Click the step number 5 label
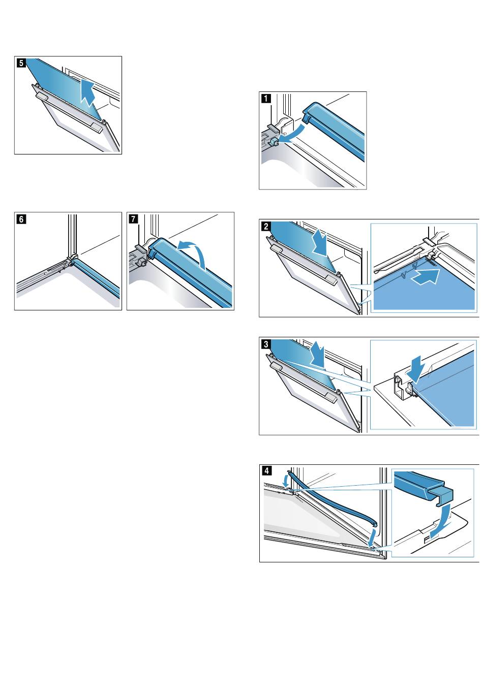point(20,63)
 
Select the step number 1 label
point(265,99)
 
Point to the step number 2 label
point(266,227)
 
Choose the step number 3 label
point(266,343)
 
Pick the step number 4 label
point(266,470)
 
